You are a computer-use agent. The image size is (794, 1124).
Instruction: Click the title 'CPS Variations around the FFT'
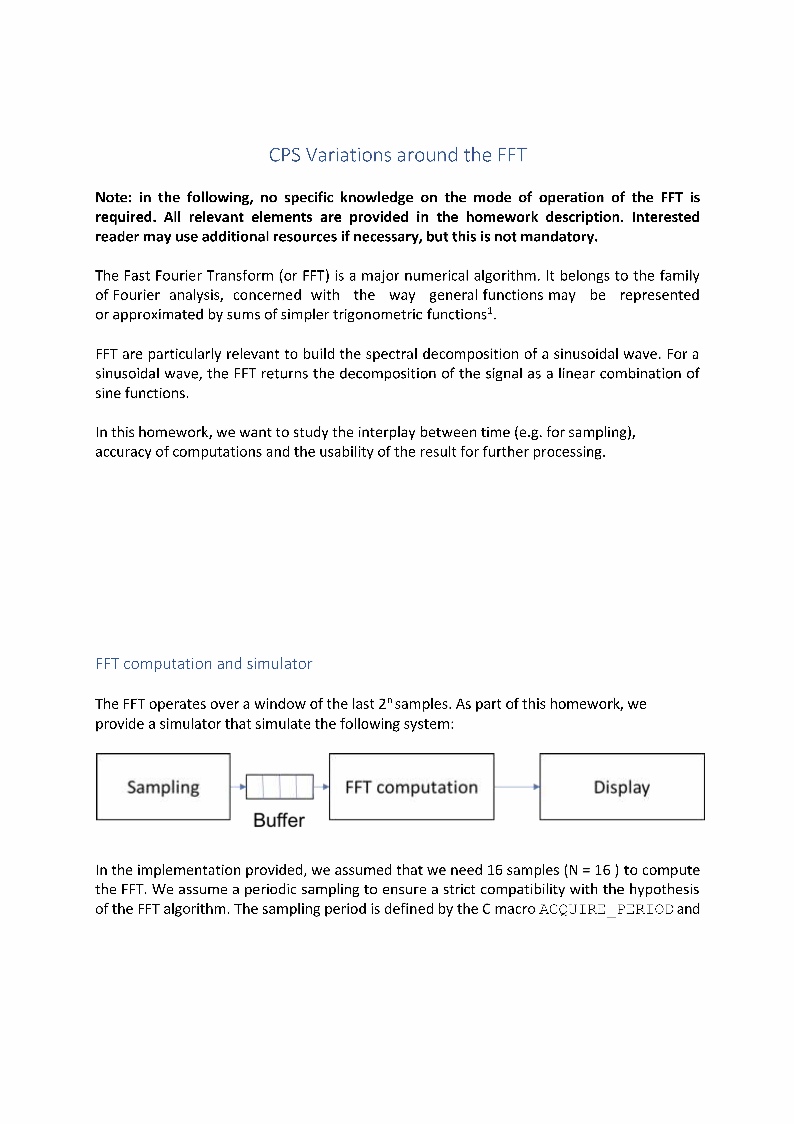pyautogui.click(x=397, y=155)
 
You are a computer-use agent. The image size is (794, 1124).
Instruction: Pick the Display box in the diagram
pyautogui.click(x=622, y=787)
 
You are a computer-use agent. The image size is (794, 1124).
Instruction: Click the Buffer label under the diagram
pyautogui.click(x=279, y=821)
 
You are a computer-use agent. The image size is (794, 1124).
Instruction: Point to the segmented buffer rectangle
pyautogui.click(x=280, y=787)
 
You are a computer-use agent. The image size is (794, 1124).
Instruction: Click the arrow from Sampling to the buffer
pyautogui.click(x=238, y=787)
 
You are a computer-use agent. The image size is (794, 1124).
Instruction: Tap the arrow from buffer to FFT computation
pyautogui.click(x=321, y=787)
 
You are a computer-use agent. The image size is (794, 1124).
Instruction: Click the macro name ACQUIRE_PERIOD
pyautogui.click(x=607, y=910)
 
